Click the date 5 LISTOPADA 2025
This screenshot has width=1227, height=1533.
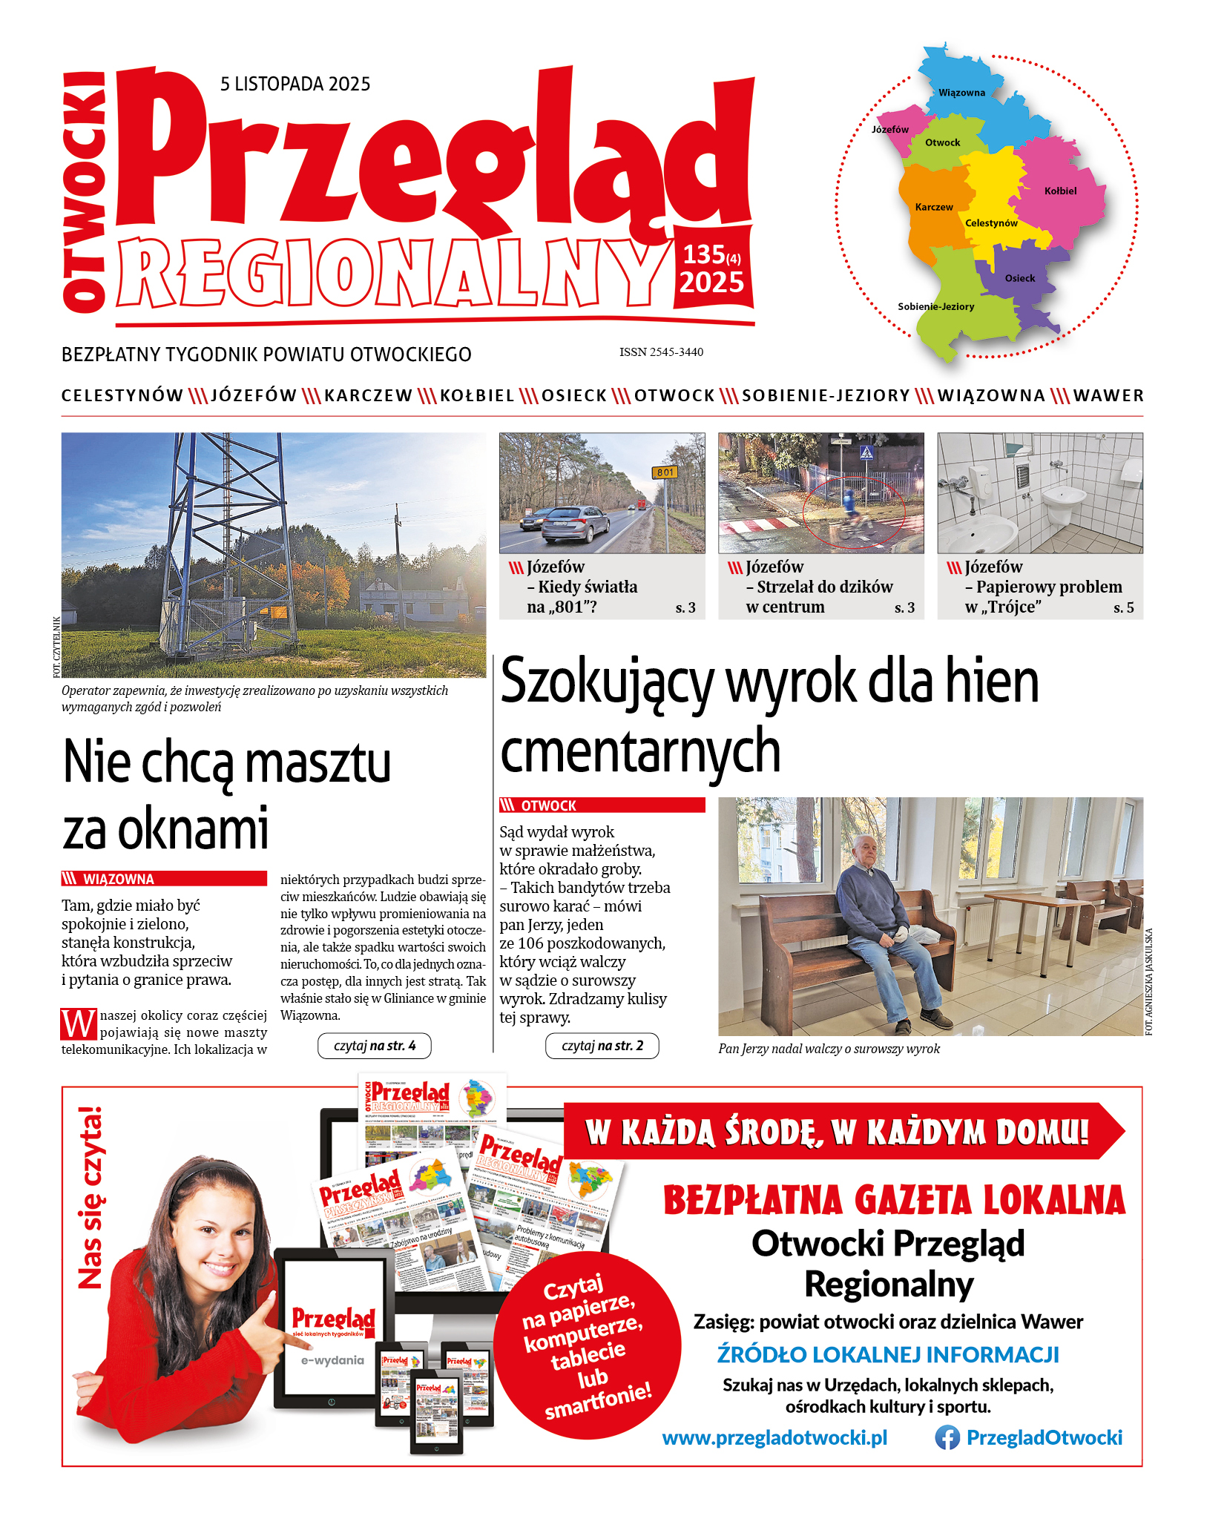295,84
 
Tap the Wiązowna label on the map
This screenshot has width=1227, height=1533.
961,93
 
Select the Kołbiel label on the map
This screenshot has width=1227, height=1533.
1060,191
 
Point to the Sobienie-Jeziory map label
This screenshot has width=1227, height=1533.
935,306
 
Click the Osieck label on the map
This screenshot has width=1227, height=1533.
1019,278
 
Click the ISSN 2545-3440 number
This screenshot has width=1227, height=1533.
661,352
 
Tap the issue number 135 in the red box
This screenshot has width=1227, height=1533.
703,254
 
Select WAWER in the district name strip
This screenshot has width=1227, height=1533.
1108,396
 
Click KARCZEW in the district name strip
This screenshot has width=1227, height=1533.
368,396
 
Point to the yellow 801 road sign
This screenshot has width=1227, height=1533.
665,472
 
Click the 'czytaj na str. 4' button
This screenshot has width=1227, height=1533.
374,1046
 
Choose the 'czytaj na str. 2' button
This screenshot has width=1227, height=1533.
602,1046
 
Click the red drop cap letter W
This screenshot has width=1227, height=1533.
79,1024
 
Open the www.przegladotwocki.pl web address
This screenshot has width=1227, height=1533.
774,1438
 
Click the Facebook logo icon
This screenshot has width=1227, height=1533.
947,1438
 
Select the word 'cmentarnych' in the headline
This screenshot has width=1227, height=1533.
640,751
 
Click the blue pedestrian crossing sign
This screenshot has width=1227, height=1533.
866,452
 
